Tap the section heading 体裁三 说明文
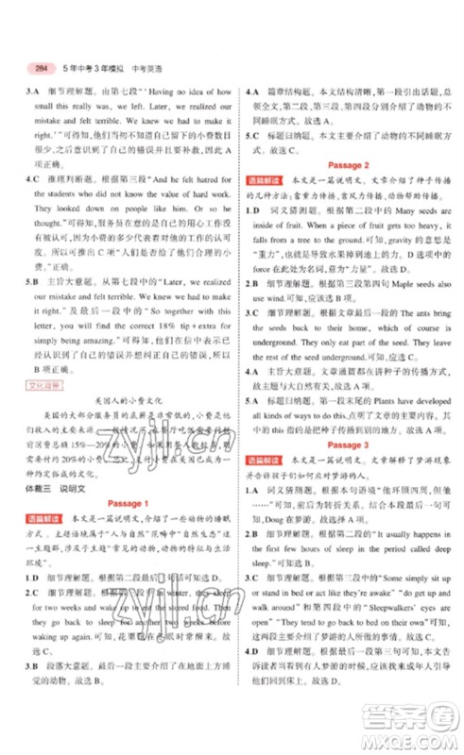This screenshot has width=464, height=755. [x=62, y=488]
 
